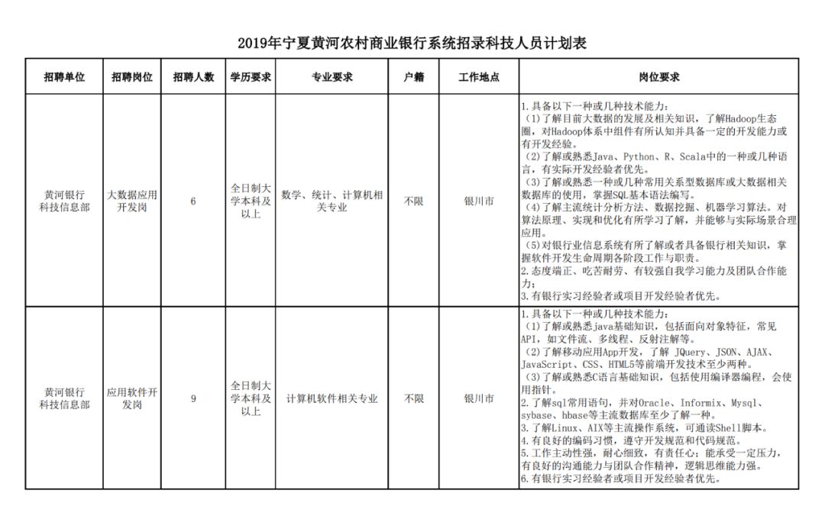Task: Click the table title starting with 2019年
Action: coord(412,43)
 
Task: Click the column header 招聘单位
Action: coord(64,77)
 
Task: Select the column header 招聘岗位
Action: coord(131,77)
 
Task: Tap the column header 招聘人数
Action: coord(193,77)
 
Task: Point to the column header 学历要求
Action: coord(251,77)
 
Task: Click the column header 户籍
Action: coord(413,77)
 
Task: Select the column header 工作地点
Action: coord(479,77)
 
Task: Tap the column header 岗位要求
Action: coord(658,77)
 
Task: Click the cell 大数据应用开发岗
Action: coord(131,201)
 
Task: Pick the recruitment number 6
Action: coord(193,201)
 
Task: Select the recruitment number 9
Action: coord(193,398)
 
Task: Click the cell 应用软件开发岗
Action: coord(131,398)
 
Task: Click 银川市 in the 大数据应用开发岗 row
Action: coord(479,201)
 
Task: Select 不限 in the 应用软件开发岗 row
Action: coord(413,398)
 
